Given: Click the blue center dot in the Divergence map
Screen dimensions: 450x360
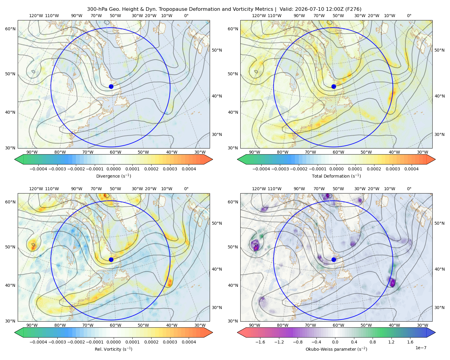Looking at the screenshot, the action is point(111,87).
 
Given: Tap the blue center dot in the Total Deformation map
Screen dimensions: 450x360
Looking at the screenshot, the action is point(334,87).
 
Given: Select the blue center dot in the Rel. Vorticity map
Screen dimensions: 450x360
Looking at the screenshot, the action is point(111,259).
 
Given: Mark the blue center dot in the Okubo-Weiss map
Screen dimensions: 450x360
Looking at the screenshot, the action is point(334,259).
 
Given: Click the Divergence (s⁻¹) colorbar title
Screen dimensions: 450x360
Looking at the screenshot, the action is point(113,176).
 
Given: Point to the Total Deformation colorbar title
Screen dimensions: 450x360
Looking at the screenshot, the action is point(336,176).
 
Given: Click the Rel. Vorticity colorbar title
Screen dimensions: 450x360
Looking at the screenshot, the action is point(113,349).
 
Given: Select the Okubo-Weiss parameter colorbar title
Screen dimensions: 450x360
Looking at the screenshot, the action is point(336,349).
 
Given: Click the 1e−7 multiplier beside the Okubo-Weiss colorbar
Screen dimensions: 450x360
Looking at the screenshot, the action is point(421,348).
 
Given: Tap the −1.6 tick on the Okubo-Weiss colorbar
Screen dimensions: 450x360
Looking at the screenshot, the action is point(260,342).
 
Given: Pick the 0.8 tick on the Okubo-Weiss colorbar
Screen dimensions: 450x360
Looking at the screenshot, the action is point(373,342).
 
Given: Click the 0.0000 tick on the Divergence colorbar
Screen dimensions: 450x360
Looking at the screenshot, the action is point(113,169).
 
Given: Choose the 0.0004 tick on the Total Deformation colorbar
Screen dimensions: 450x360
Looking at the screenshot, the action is point(412,169).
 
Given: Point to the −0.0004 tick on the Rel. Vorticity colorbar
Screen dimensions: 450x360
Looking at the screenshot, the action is point(38,342).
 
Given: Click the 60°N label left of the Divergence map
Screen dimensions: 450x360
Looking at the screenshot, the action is point(10,29).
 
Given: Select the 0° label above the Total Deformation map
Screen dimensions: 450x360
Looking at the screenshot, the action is point(409,16).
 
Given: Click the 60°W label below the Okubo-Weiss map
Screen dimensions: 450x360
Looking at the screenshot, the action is point(338,325).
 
